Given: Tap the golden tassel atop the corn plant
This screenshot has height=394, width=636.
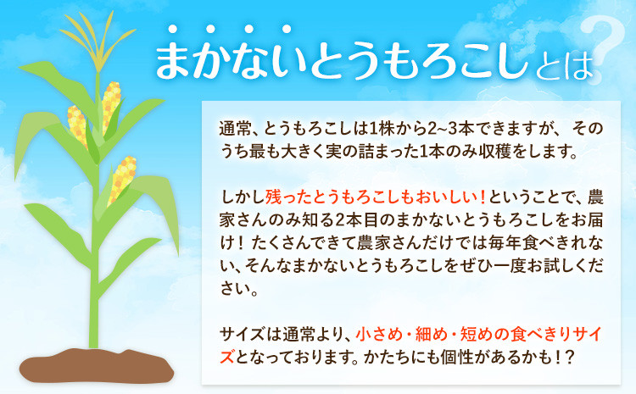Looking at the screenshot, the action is click(98, 41).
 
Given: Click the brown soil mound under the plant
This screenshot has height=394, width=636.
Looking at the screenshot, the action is click(97, 366).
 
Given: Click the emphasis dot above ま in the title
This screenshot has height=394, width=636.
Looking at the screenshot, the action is click(173, 29).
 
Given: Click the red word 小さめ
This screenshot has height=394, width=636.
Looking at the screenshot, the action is click(378, 335).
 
